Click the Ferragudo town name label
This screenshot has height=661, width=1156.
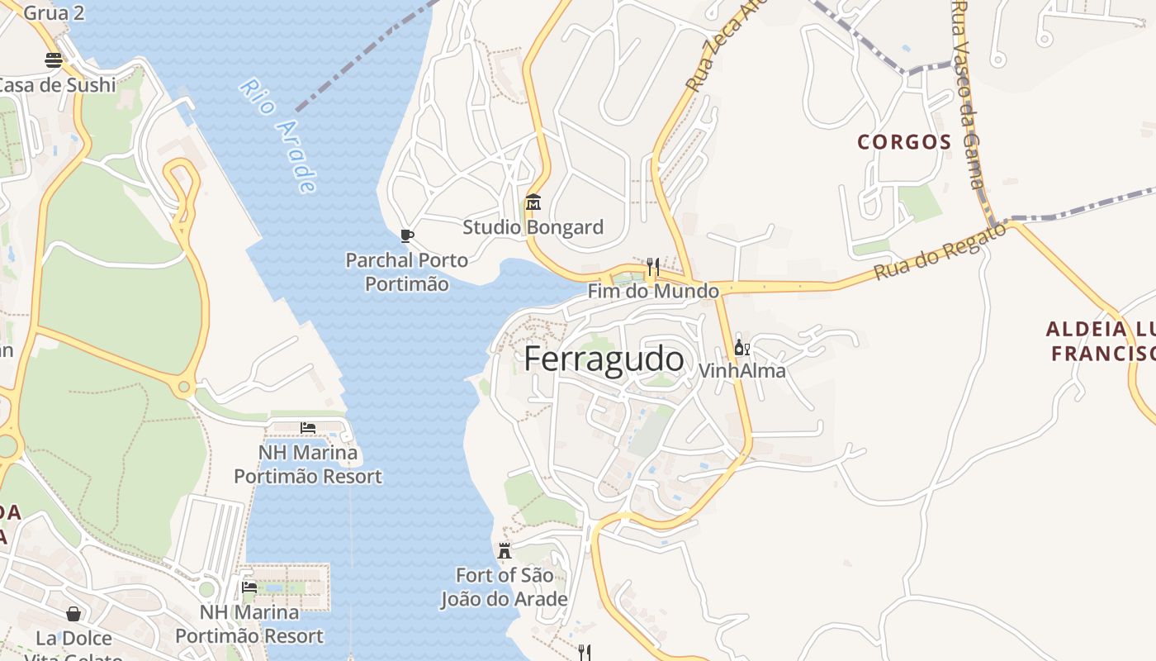(x=604, y=359)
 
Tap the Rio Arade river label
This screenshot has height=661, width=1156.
(x=278, y=136)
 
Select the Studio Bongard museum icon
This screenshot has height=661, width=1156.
(x=533, y=202)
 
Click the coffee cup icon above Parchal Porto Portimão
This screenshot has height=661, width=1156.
(x=406, y=235)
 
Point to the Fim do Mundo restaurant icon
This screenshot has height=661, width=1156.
(x=652, y=266)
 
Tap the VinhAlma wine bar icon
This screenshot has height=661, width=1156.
(x=741, y=347)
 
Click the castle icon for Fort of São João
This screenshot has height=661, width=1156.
(x=504, y=550)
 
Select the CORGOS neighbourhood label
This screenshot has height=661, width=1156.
(x=904, y=142)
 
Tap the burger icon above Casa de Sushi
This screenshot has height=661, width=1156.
(x=54, y=59)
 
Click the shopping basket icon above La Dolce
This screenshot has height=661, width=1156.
(x=73, y=613)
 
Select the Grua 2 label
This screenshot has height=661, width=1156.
(x=54, y=12)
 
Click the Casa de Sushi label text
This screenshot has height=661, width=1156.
(x=56, y=84)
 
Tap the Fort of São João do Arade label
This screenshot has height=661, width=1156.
(x=504, y=587)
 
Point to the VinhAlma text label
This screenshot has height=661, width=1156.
(x=741, y=371)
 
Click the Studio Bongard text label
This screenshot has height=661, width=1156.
(x=533, y=227)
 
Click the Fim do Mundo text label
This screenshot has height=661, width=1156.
(x=652, y=291)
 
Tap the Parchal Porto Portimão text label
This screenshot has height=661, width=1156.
(x=406, y=272)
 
